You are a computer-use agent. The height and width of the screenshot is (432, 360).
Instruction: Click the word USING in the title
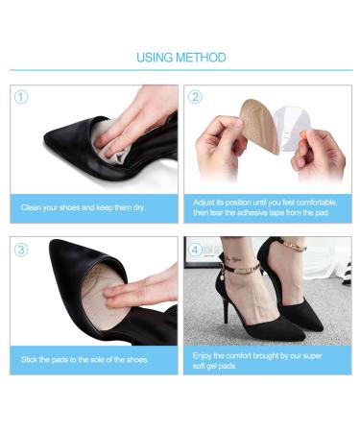[155, 58]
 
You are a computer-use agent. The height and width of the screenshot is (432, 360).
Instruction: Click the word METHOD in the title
[201, 58]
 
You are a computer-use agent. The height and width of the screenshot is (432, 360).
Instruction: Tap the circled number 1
[21, 97]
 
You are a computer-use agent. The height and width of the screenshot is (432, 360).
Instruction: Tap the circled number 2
[195, 97]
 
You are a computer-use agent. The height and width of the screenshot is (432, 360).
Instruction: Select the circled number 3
[21, 250]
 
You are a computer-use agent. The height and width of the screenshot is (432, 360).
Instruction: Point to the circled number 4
[195, 250]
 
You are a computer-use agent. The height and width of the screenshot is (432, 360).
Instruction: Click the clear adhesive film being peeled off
[290, 130]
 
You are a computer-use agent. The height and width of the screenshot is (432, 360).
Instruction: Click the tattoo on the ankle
[233, 258]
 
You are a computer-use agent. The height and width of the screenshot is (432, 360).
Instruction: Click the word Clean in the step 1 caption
[31, 207]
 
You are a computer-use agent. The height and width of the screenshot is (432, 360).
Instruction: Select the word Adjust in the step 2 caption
[204, 203]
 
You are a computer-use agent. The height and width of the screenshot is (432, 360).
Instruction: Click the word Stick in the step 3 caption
[30, 359]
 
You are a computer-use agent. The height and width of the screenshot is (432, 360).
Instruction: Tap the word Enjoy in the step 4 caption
[203, 356]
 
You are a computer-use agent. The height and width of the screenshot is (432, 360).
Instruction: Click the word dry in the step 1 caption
[138, 208]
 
